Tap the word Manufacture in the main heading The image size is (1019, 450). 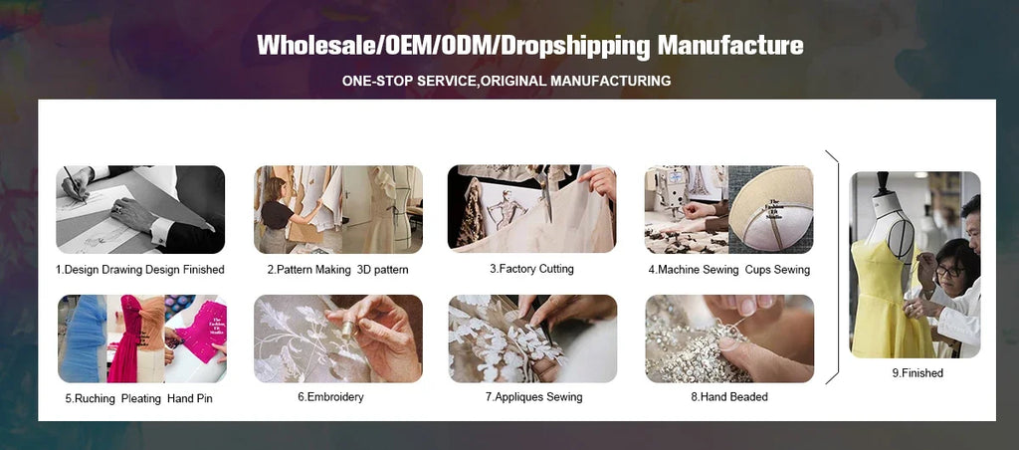coord(730,46)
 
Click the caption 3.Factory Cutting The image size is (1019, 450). coord(531,269)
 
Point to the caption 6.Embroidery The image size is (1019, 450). coord(330,396)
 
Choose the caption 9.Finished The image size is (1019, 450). coord(917,373)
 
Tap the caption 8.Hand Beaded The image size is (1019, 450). coord(729,396)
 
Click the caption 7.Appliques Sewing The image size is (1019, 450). coord(533,396)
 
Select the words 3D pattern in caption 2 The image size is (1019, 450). coord(383,270)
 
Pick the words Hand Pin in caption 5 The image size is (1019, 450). coord(190,398)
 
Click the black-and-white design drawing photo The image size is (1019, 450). coord(140,209)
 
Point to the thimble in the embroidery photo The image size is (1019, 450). coord(349,330)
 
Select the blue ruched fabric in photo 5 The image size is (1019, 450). coord(82,339)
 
